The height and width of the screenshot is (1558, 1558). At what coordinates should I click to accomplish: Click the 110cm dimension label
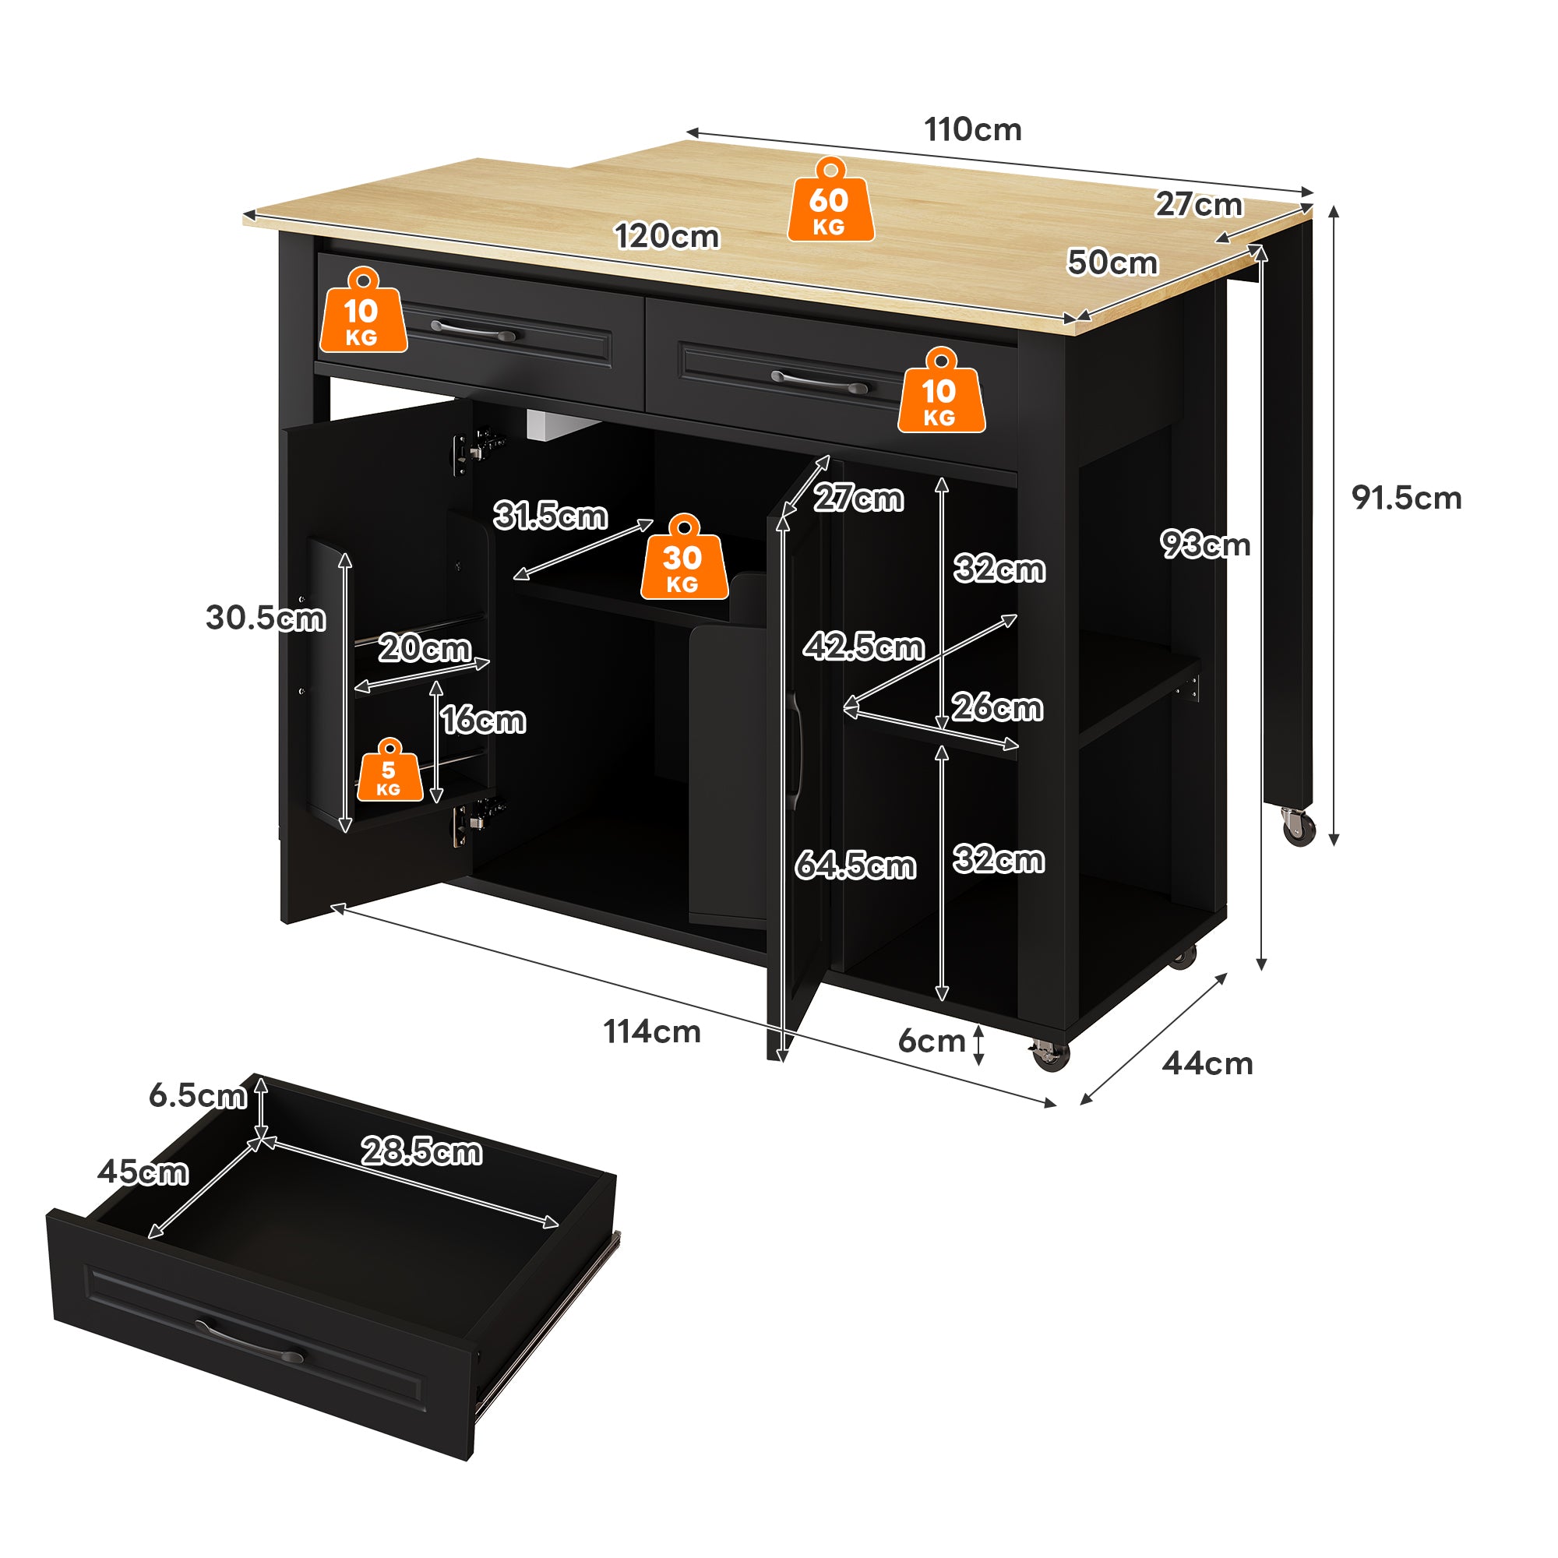pos(972,130)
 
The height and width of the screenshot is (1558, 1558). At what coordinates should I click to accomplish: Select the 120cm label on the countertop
pos(666,236)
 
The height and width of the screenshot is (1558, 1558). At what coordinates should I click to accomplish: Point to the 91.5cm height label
pos(1406,498)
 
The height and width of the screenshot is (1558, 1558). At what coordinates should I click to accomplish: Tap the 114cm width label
pos(651,1031)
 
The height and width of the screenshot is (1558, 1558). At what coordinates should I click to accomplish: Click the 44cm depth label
pos(1207,1063)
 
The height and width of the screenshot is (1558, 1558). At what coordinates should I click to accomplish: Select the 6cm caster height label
pos(932,1041)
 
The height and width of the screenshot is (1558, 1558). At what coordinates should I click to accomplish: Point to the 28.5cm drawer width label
pos(421,1151)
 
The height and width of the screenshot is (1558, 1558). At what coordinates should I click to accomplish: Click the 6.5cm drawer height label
pos(198,1095)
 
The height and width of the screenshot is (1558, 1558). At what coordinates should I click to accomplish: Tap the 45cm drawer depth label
pos(143,1172)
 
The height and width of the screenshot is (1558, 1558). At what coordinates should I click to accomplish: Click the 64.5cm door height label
pos(855,865)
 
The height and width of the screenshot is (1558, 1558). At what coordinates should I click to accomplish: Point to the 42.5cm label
pos(864,647)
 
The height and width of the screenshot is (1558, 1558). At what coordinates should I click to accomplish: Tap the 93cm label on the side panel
pos(1205,545)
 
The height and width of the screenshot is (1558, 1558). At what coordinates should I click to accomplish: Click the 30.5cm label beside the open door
pos(266,618)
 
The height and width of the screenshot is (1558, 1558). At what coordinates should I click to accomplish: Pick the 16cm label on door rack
pos(483,719)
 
